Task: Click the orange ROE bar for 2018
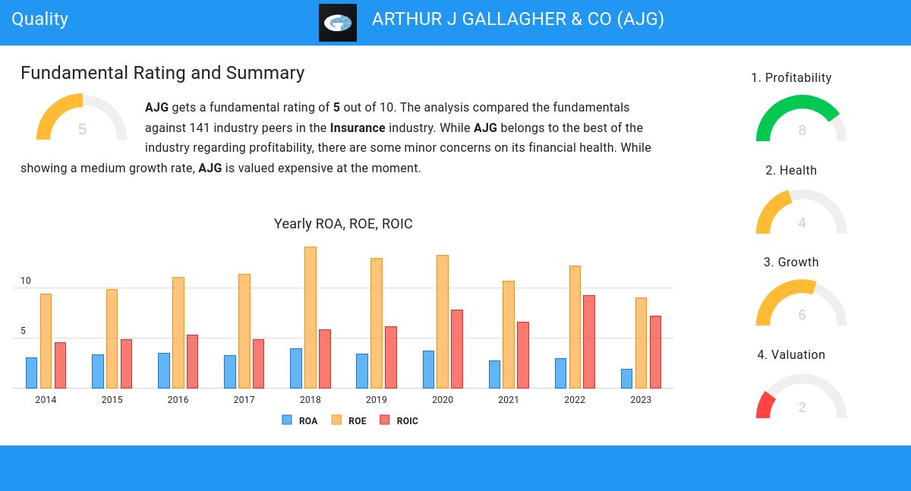pos(310,317)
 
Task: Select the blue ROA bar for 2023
pos(626,379)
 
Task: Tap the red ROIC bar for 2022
pos(589,341)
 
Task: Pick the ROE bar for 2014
pos(46,341)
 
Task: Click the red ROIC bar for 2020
pos(457,349)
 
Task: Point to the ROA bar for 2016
pos(163,370)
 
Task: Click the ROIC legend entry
pos(399,420)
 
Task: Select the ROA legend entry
pos(300,420)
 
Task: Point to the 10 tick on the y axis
pos(26,281)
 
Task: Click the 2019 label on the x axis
pos(377,400)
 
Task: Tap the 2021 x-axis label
pos(509,400)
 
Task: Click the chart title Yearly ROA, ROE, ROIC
pos(343,224)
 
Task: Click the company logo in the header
pos(338,23)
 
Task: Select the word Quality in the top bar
pos(40,19)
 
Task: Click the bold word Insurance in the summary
pos(358,127)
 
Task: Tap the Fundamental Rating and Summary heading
pos(162,73)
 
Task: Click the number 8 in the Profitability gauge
pos(802,131)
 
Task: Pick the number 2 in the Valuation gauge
pos(802,408)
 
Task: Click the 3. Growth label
pos(791,263)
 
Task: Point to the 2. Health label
pos(791,171)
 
